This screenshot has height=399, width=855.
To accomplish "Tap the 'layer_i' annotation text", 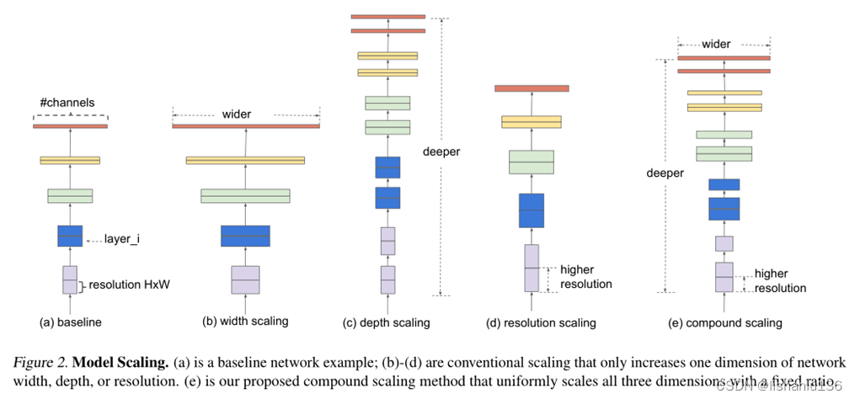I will click(x=123, y=239).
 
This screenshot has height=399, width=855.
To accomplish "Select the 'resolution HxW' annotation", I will click(x=128, y=285).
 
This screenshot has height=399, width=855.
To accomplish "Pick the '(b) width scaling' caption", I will click(x=245, y=321).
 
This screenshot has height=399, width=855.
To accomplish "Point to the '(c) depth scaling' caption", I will click(x=387, y=322).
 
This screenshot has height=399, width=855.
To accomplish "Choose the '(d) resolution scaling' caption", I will click(x=541, y=322).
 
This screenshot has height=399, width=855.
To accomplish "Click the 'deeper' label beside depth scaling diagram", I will click(x=441, y=152).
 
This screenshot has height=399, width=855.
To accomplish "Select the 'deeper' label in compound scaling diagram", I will click(x=665, y=173).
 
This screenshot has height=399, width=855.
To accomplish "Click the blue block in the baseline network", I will click(x=70, y=236).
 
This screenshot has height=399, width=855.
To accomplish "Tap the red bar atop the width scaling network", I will click(x=245, y=126).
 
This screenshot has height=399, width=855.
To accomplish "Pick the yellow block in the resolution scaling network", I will click(x=532, y=122).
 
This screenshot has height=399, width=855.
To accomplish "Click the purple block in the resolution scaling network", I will click(x=532, y=268).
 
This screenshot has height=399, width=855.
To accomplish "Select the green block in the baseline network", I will click(x=70, y=196).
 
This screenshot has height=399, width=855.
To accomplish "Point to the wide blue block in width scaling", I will click(x=245, y=236).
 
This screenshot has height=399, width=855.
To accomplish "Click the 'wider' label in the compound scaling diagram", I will click(x=716, y=44).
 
